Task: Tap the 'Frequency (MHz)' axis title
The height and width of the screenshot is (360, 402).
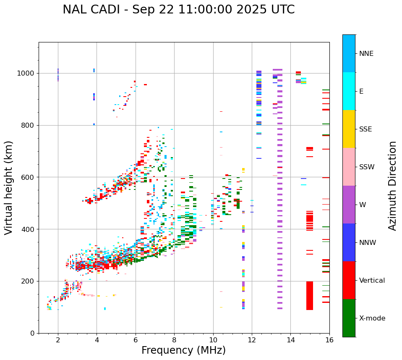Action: pyautogui.click(x=183, y=350)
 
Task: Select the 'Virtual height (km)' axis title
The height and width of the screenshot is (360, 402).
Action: pyautogui.click(x=9, y=187)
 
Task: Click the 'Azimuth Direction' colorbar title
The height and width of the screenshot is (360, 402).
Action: pyautogui.click(x=392, y=186)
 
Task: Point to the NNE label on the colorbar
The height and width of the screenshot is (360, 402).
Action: pyautogui.click(x=366, y=54)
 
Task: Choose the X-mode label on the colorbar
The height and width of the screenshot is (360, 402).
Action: pyautogui.click(x=372, y=318)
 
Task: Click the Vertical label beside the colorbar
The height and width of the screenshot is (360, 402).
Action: pyautogui.click(x=372, y=281)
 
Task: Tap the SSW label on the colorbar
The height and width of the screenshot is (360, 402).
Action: pyautogui.click(x=367, y=167)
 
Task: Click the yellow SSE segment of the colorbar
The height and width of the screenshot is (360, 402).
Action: pyautogui.click(x=349, y=129)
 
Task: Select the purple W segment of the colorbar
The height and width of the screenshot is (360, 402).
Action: pyautogui.click(x=349, y=205)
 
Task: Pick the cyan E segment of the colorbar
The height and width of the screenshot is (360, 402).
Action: pyautogui.click(x=349, y=91)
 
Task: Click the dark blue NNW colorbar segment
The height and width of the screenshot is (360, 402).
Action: pyautogui.click(x=349, y=242)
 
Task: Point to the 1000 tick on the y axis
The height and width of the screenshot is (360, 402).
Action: pyautogui.click(x=28, y=73)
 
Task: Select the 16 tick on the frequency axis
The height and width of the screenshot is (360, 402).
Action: pyautogui.click(x=329, y=340)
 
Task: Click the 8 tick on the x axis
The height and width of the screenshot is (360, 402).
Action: pyautogui.click(x=174, y=340)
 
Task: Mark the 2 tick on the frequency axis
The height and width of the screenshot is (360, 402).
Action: pyautogui.click(x=58, y=340)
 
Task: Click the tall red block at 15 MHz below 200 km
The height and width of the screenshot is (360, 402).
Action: pyautogui.click(x=310, y=296)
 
